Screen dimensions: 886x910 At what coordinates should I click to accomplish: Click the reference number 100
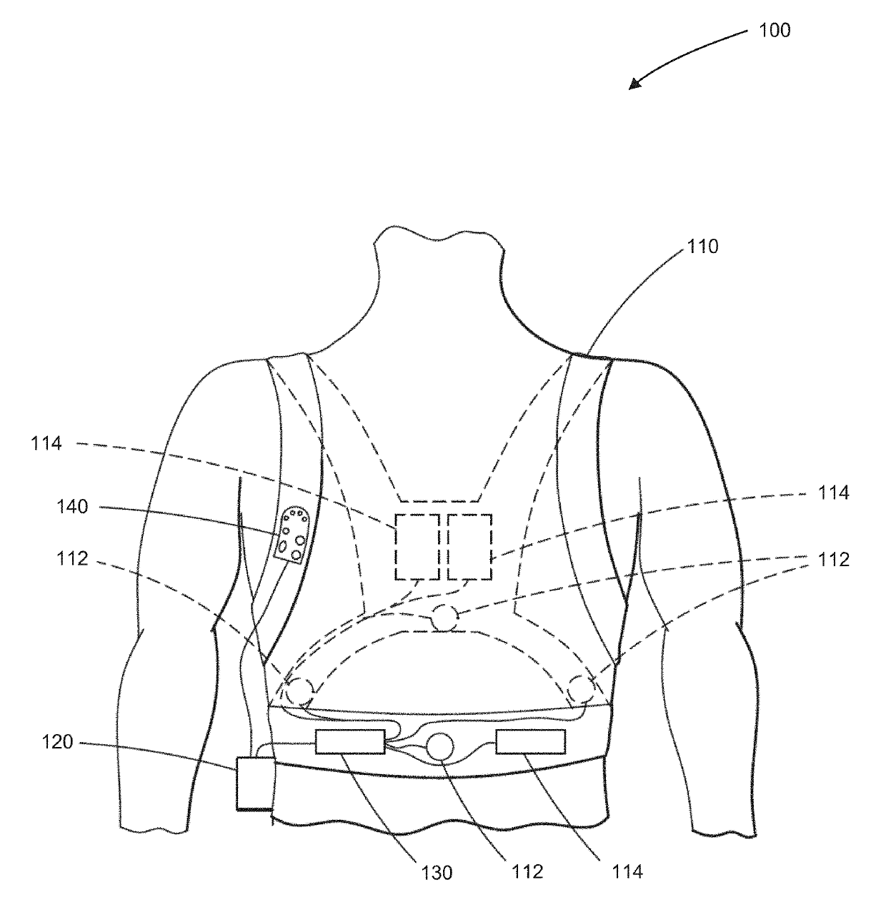(x=776, y=30)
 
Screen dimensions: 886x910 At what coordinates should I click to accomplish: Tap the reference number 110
(x=702, y=247)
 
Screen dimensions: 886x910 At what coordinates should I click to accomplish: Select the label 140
(x=72, y=508)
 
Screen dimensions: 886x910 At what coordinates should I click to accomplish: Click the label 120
(x=57, y=743)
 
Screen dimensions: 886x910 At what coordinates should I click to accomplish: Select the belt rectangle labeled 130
(x=349, y=742)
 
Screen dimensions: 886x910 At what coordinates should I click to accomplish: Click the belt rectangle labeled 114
(x=531, y=742)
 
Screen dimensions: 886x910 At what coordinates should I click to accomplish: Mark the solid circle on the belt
(x=439, y=747)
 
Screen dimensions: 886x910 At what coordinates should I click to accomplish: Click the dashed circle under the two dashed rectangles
(x=444, y=618)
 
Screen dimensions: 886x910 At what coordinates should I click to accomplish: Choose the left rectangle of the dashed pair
(x=418, y=547)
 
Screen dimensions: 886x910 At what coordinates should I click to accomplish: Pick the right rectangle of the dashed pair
(x=469, y=547)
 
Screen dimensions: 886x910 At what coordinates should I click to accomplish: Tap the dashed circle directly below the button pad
(x=300, y=691)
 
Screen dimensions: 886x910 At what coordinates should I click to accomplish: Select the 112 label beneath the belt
(x=528, y=872)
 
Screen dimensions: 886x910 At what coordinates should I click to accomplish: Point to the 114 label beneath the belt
(x=627, y=872)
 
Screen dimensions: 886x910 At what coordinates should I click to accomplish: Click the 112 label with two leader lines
(x=832, y=559)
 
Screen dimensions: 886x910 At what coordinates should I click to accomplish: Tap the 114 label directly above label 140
(x=46, y=444)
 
